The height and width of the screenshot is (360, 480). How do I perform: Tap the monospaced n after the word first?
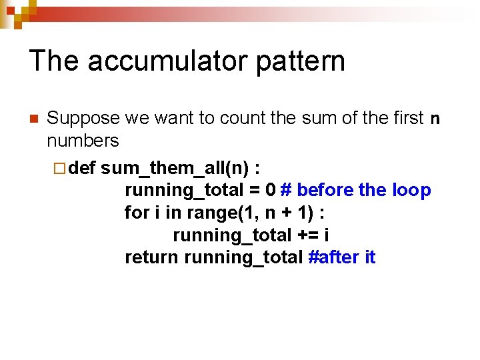point(435,119)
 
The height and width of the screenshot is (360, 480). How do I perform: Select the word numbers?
point(83,141)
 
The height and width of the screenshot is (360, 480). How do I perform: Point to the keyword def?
point(82,167)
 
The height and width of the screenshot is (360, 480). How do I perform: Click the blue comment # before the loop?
point(356,190)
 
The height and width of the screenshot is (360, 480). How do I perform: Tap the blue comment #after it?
point(343,257)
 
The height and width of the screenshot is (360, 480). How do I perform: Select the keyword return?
point(152,257)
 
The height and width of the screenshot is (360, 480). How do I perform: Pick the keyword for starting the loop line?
point(136,213)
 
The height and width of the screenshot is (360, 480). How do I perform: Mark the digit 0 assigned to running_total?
point(270,190)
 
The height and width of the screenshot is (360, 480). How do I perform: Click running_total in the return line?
point(243,257)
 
